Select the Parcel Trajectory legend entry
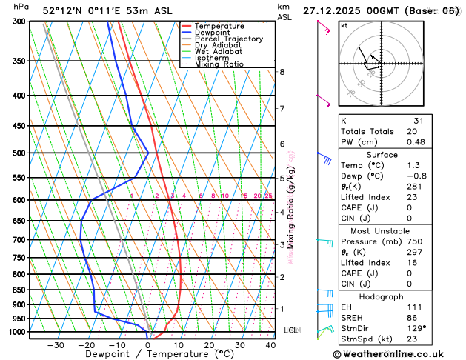point(228,39)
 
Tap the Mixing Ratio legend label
point(219,64)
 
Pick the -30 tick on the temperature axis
point(56,345)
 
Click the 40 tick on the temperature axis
point(270,345)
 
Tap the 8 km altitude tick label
point(282,72)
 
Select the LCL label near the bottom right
point(290,330)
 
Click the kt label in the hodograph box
point(344,25)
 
